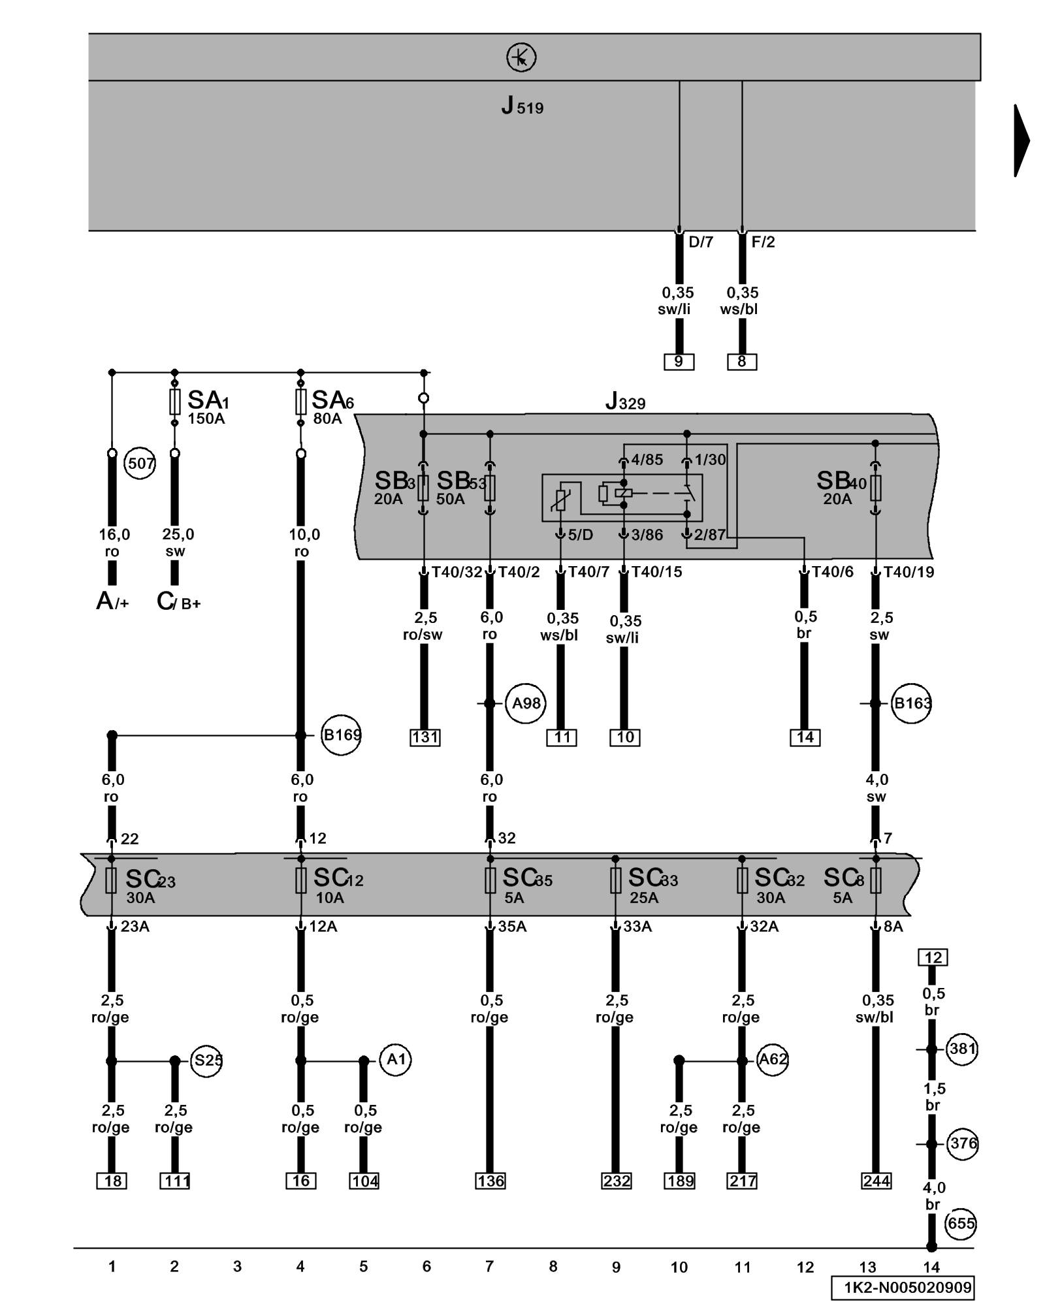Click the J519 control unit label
(522, 106)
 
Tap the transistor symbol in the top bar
(521, 57)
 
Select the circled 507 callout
(140, 464)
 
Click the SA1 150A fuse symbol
(174, 402)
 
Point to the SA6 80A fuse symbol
(300, 402)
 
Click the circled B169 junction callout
(342, 735)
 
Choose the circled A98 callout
(526, 703)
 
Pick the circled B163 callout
(912, 703)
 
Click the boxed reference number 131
(425, 737)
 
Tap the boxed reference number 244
(876, 1181)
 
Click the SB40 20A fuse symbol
(876, 487)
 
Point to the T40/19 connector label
(908, 572)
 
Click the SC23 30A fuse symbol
(111, 881)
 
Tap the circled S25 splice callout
(207, 1060)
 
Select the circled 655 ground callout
(961, 1223)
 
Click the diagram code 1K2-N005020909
(902, 1288)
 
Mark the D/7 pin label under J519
(701, 242)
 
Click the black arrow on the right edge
(1021, 140)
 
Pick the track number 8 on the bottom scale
(553, 1267)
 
